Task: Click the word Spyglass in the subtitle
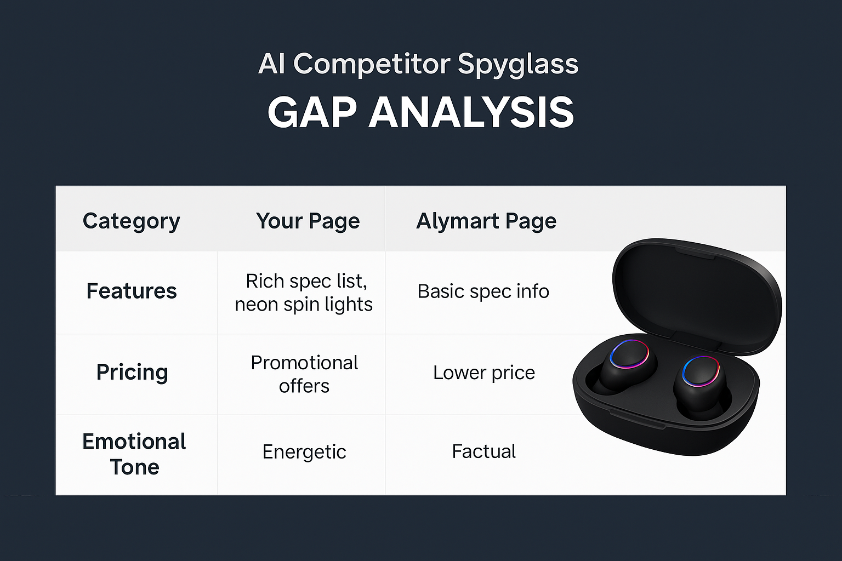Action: pos(517,65)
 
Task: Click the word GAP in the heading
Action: pos(312,113)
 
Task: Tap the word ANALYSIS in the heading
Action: pos(471,113)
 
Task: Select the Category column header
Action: pos(132,221)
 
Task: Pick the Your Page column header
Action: pos(308,221)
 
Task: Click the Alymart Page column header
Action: pos(486,221)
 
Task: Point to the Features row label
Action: pos(132,291)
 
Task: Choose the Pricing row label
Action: pos(132,372)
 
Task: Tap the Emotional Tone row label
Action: pos(134,454)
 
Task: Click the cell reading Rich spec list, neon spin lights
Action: pos(304,293)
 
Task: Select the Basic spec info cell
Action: pos(483,291)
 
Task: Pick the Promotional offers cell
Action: pos(304,374)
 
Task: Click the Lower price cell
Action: pos(483,373)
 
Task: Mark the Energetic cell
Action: pos(304,452)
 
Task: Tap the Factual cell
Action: pos(483,451)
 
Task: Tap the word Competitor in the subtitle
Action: pos(372,64)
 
